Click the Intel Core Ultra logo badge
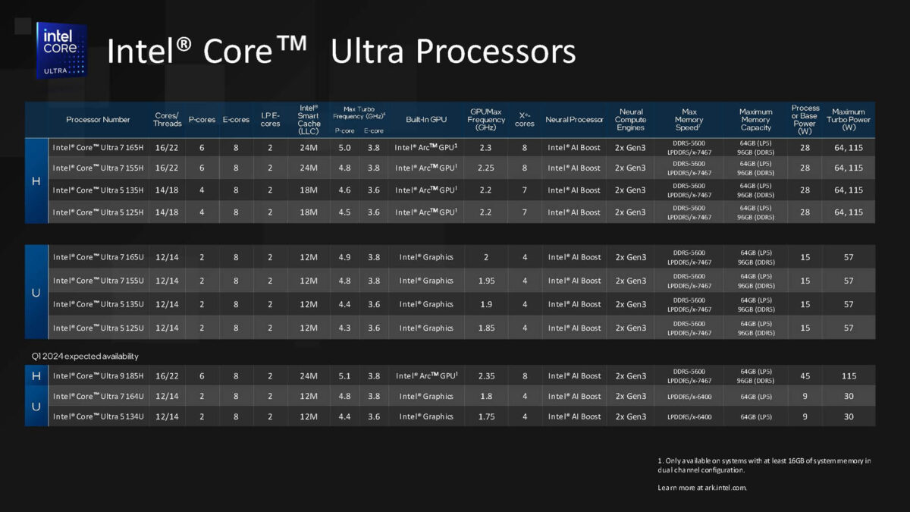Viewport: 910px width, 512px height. [61, 50]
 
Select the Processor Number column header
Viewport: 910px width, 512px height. [98, 120]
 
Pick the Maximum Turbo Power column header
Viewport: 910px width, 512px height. [849, 120]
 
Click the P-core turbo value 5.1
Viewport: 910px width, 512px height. [344, 375]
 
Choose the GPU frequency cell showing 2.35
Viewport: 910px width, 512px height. [486, 375]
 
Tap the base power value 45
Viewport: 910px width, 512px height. [805, 375]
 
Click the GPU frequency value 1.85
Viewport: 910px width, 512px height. [486, 328]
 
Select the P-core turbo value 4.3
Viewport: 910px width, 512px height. [344, 328]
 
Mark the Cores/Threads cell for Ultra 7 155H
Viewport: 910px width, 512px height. [167, 168]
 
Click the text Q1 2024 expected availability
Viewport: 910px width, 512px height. [85, 356]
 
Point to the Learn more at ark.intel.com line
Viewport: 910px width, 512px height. [702, 487]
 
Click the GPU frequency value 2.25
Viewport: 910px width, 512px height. [486, 168]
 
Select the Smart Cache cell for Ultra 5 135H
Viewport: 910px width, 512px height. [308, 190]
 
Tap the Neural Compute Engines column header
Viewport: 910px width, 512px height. [630, 120]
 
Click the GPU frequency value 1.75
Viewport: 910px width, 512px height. [486, 416]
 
